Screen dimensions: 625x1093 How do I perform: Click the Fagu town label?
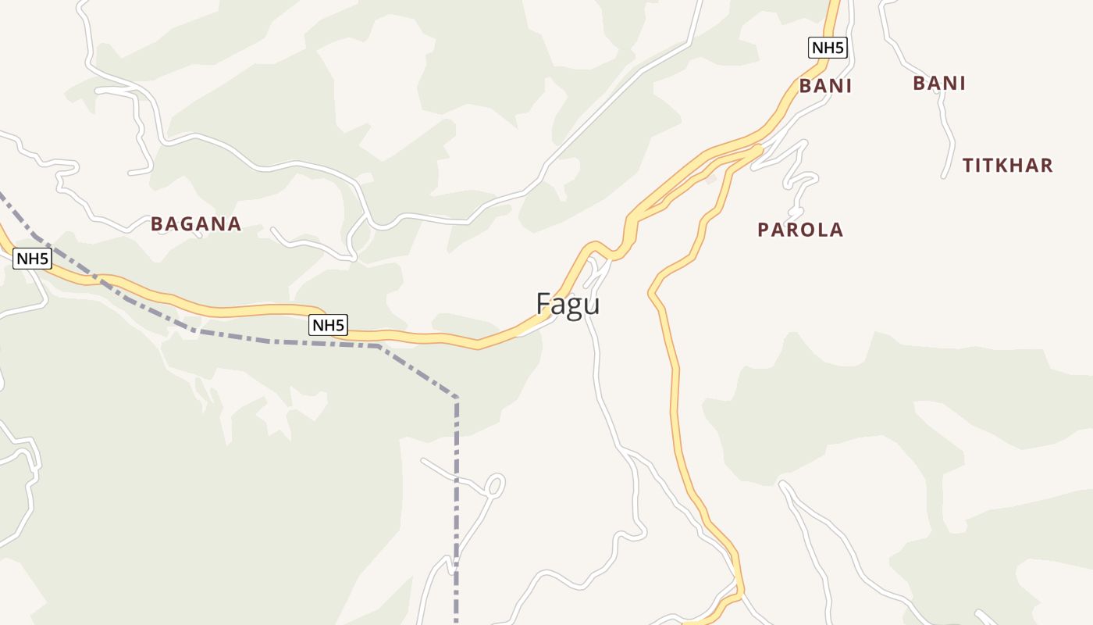pos(568,304)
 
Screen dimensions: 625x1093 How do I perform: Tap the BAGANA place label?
pos(196,224)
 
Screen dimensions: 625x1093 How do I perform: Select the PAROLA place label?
pos(800,230)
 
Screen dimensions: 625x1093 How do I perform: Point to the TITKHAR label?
pos(1007,166)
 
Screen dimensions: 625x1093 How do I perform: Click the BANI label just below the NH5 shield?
pos(824,86)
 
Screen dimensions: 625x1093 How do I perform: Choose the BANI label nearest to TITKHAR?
pos(939,83)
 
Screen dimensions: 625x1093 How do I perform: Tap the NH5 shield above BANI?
pos(828,48)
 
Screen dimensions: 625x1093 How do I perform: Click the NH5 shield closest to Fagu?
pos(328,325)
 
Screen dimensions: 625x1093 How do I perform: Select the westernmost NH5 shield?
pos(32,259)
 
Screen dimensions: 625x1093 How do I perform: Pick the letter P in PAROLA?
pos(764,230)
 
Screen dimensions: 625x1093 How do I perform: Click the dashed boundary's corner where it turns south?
pos(456,398)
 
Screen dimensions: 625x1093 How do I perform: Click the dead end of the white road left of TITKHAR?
pos(944,176)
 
